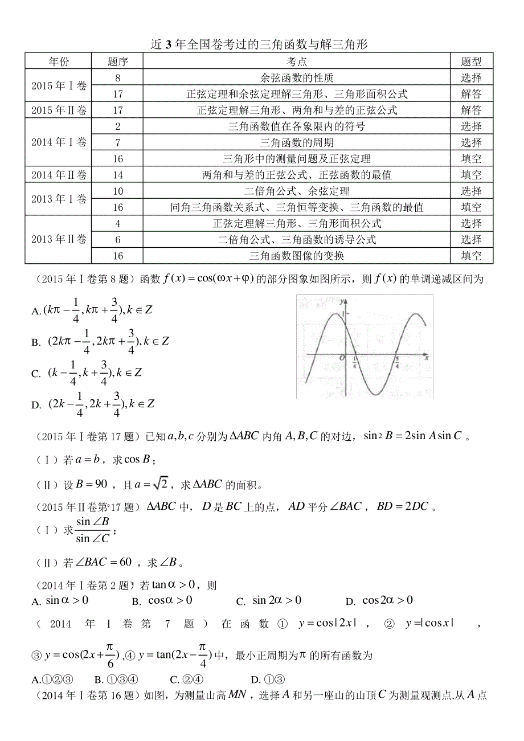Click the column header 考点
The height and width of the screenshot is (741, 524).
tap(297, 62)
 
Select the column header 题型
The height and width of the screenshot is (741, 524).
tap(471, 62)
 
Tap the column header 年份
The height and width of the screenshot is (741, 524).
tap(59, 62)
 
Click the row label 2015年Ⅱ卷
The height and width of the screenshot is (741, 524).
tap(59, 110)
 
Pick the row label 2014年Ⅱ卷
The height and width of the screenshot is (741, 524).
tap(59, 175)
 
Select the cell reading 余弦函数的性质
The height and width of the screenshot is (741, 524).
tap(297, 77)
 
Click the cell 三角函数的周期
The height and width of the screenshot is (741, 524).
tap(297, 142)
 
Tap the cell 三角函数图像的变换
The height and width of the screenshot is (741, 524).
tap(297, 256)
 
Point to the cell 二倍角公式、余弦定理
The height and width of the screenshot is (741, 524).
tap(297, 191)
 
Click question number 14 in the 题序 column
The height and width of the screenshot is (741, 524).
tap(118, 175)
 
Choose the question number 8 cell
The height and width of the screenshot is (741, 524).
tap(118, 77)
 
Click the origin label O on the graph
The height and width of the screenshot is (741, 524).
tap(341, 358)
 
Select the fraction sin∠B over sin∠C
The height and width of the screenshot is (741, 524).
tap(93, 530)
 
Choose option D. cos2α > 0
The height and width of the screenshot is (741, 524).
tap(379, 601)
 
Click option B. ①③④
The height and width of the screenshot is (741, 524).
tap(123, 679)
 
